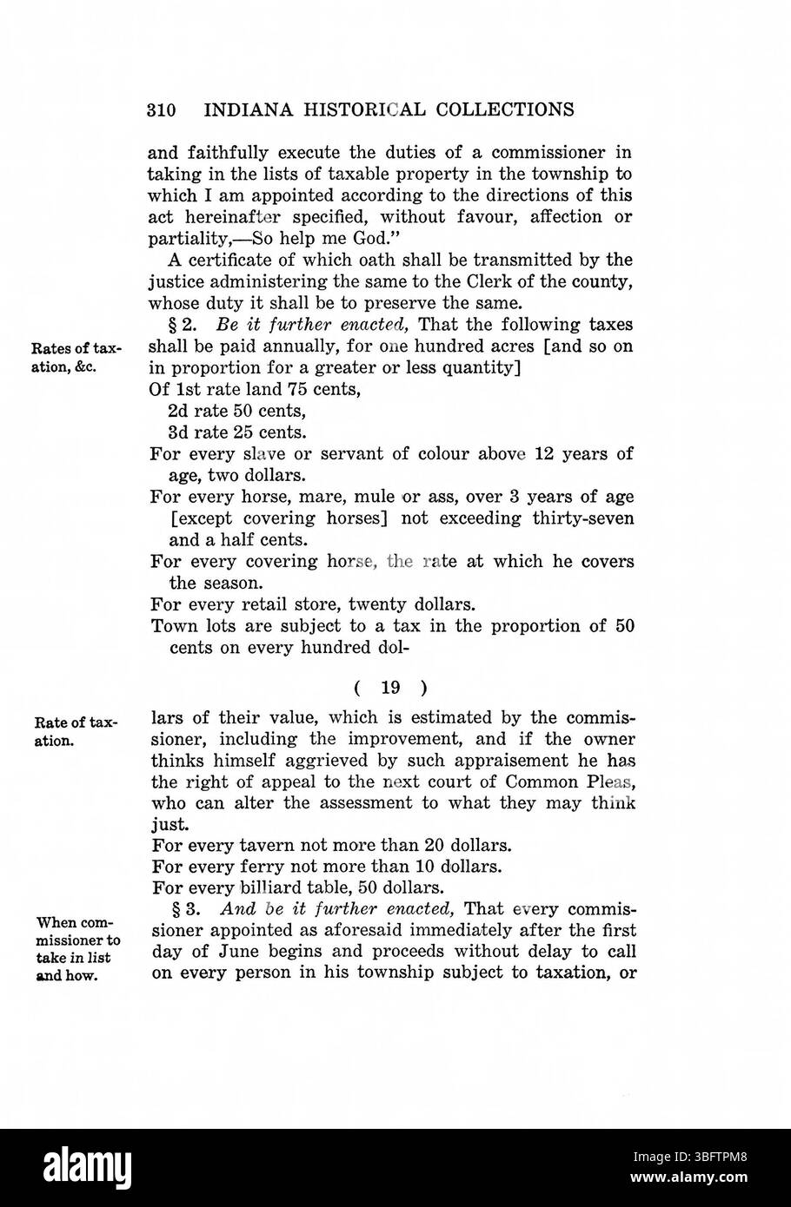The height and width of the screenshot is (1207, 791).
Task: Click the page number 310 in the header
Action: [x=163, y=110]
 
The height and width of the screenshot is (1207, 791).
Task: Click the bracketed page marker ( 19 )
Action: [x=390, y=688]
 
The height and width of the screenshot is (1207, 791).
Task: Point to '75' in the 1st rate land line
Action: [x=274, y=389]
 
